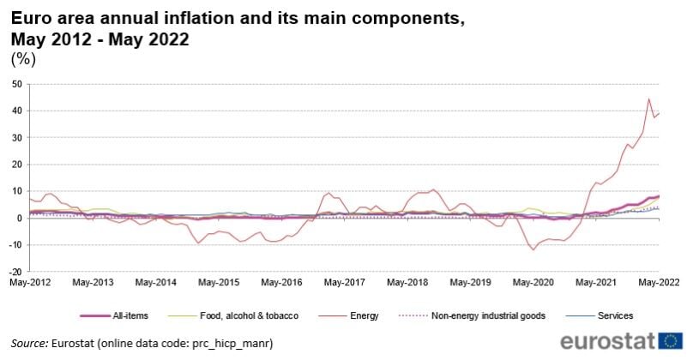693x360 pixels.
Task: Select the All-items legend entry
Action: pyautogui.click(x=130, y=316)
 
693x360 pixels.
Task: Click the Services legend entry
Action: pyautogui.click(x=615, y=316)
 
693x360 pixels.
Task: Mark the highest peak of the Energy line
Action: pyautogui.click(x=648, y=99)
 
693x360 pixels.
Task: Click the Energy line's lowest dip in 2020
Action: pyautogui.click(x=533, y=249)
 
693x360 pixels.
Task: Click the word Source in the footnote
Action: pyautogui.click(x=29, y=343)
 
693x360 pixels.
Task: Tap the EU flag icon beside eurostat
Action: pyautogui.click(x=672, y=341)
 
